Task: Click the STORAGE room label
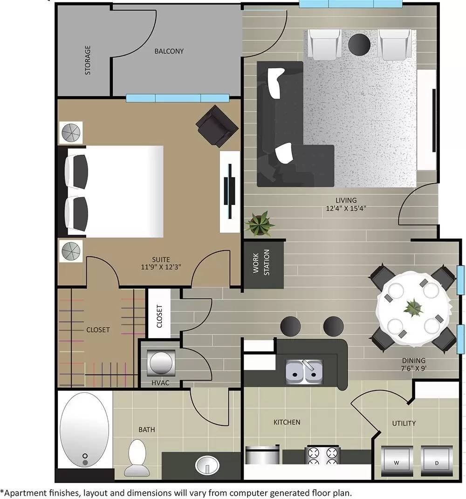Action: point(88,60)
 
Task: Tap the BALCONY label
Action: point(169,51)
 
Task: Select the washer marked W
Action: point(396,463)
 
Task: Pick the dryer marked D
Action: point(437,463)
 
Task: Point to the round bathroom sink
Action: point(207,465)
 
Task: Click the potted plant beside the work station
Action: point(259,224)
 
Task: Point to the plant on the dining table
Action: point(412,307)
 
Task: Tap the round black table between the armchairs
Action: point(359,44)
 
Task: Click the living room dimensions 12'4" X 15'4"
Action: point(345,205)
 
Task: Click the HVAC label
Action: point(160,383)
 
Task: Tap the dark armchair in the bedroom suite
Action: point(217,125)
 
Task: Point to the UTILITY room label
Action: point(404,423)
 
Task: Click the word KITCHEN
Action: point(287,422)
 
